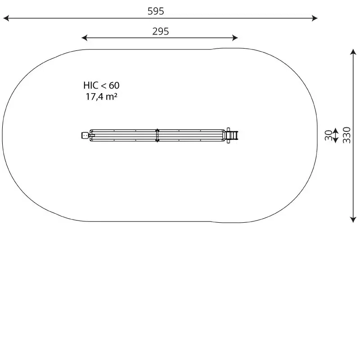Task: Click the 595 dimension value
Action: click(156, 11)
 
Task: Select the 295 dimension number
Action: click(161, 31)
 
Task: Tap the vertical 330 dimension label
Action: click(346, 135)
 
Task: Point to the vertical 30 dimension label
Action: click(328, 135)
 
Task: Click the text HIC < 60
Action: click(101, 85)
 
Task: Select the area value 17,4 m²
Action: click(102, 97)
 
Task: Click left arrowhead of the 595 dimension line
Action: click(6, 18)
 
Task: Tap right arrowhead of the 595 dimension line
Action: click(315, 18)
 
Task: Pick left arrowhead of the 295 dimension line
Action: click(85, 38)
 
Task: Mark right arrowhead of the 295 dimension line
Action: click(235, 38)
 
